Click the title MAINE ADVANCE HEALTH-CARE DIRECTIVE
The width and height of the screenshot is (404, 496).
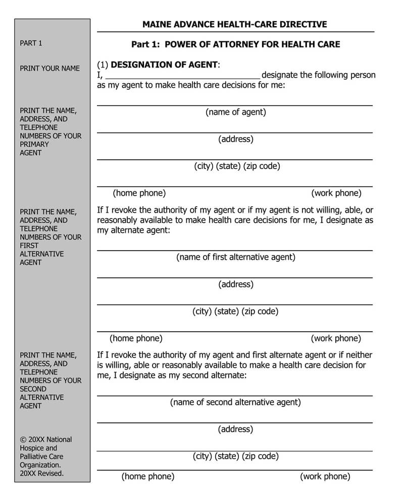click(234, 24)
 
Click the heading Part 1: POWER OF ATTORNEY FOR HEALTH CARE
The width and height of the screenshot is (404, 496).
click(235, 44)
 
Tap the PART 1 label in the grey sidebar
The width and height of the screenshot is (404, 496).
click(31, 43)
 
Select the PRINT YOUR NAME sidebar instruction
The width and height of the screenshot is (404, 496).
click(49, 68)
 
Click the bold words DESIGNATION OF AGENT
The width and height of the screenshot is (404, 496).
click(164, 65)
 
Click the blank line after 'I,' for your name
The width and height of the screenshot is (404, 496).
click(182, 76)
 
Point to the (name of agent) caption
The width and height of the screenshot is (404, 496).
click(235, 112)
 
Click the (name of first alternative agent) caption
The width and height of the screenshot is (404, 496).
click(235, 257)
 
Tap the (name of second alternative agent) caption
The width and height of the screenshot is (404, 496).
click(235, 402)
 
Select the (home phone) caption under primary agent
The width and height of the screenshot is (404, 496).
click(139, 193)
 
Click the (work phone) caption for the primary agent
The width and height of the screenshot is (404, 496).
click(336, 193)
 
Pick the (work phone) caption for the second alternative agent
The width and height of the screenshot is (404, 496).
click(325, 476)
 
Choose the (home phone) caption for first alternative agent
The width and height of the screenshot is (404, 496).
click(136, 338)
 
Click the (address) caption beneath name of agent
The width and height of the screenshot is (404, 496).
click(235, 139)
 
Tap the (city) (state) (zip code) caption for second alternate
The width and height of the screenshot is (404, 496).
click(235, 456)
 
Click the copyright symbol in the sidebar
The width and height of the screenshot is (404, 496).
click(23, 440)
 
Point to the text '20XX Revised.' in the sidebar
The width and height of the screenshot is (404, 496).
click(41, 474)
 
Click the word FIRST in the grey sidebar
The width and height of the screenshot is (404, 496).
click(29, 245)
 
